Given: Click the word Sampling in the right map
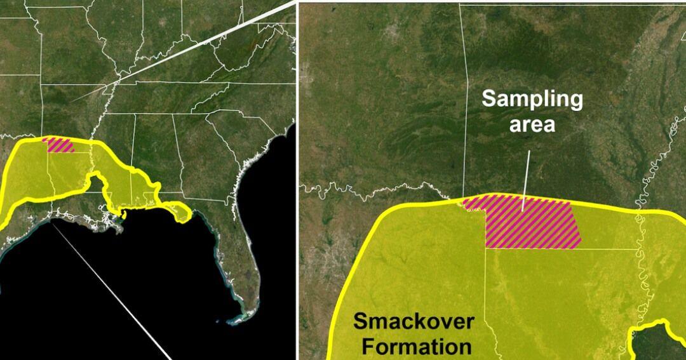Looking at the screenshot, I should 532,99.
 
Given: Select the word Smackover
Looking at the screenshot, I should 413,322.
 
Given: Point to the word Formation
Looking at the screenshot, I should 413,347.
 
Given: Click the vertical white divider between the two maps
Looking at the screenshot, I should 297,190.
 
